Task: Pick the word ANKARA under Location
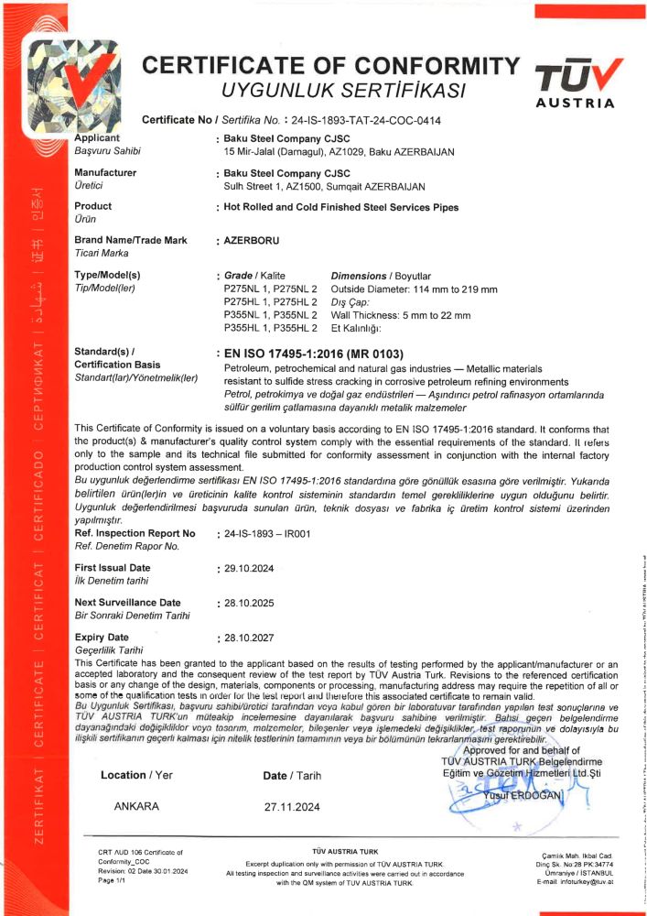click(x=136, y=807)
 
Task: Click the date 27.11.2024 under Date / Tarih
click(x=292, y=807)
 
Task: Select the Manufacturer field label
click(x=105, y=172)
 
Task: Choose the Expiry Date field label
click(x=102, y=637)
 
